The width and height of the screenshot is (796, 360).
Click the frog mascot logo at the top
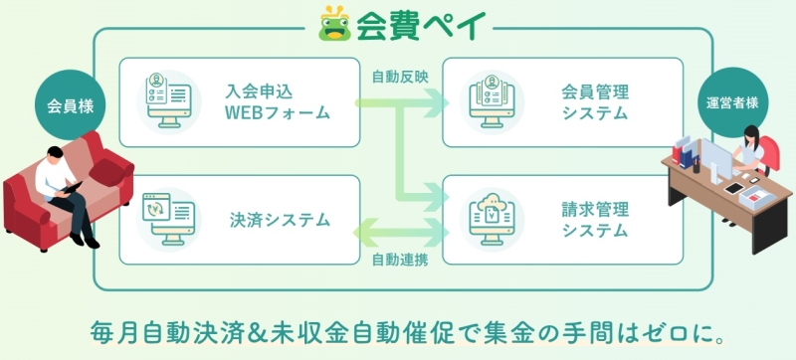pyautogui.click(x=335, y=24)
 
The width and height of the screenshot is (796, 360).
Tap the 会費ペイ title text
pyautogui.click(x=421, y=25)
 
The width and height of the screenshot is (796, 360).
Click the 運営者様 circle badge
pyautogui.click(x=732, y=102)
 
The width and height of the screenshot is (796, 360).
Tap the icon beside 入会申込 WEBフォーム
pyautogui.click(x=168, y=101)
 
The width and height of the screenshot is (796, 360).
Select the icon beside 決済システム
pyautogui.click(x=168, y=220)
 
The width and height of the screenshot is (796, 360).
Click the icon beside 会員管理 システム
pyautogui.click(x=492, y=101)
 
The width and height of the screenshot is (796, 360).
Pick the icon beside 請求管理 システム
pyautogui.click(x=492, y=220)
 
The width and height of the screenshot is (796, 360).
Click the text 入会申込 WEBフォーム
pyautogui.click(x=278, y=102)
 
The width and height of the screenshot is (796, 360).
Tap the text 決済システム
pyautogui.click(x=280, y=220)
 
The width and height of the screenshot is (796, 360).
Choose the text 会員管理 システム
pyautogui.click(x=595, y=102)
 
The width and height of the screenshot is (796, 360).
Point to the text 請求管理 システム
pyautogui.click(x=595, y=220)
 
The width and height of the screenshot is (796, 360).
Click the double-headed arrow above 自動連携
pyautogui.click(x=401, y=234)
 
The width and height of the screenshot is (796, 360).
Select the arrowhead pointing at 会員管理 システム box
pyautogui.click(x=438, y=103)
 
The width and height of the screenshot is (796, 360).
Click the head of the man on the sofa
pyautogui.click(x=56, y=154)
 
